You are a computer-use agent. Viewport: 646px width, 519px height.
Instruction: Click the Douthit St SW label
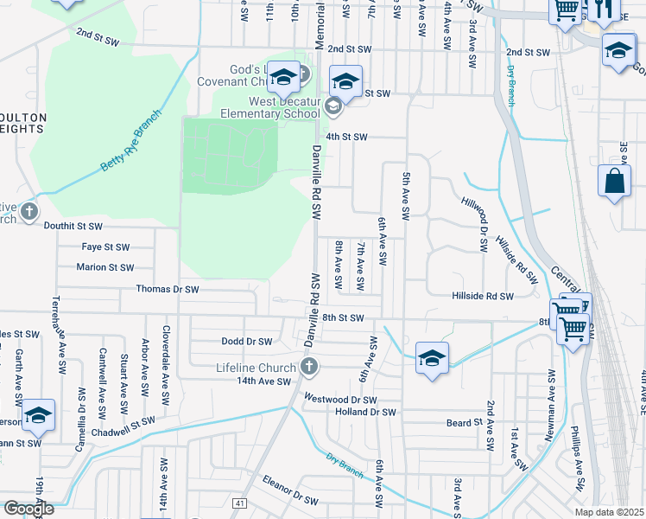click(73, 226)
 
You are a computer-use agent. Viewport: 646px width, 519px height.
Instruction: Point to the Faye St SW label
click(104, 247)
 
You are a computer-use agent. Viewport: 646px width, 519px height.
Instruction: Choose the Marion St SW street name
click(104, 267)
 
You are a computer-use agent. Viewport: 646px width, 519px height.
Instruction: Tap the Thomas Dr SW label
click(168, 289)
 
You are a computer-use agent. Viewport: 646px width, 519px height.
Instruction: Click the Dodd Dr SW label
click(246, 342)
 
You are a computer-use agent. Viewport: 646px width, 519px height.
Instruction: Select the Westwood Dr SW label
click(341, 400)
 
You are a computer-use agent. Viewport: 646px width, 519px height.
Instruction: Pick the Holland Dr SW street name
click(365, 412)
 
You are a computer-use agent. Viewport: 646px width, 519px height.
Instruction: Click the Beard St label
click(463, 422)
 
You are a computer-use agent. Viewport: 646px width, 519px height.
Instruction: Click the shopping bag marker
click(614, 183)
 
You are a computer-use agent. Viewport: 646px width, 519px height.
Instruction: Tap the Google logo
click(28, 509)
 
